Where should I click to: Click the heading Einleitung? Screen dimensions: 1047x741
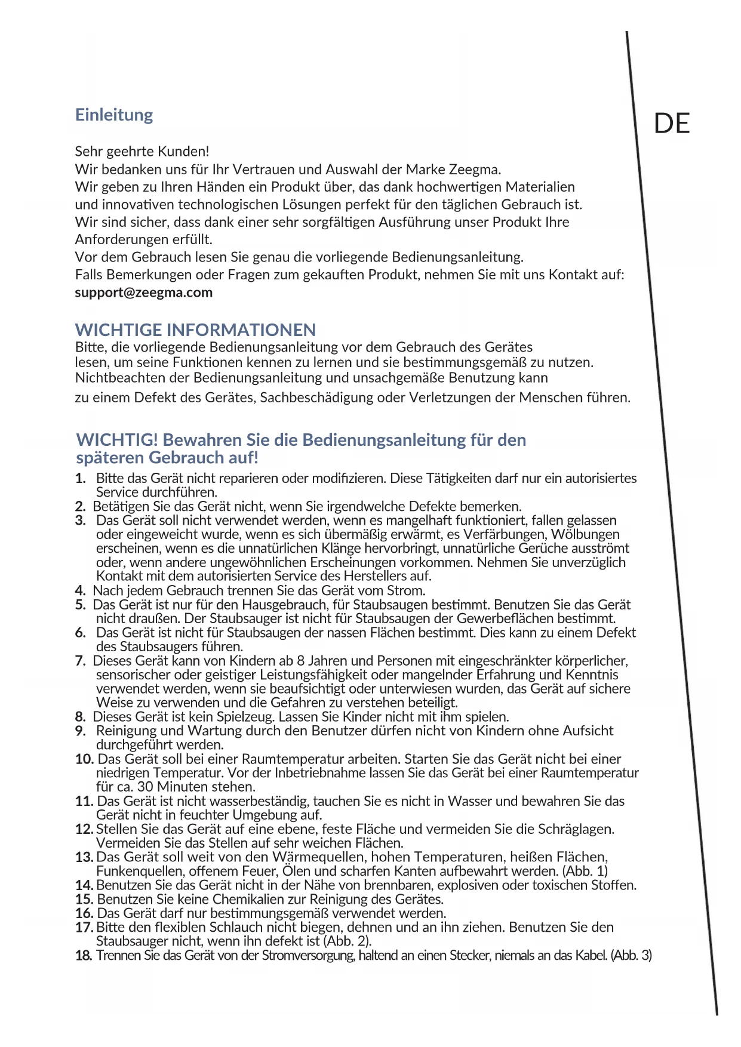[x=114, y=115]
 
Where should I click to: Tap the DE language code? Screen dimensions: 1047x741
[x=672, y=124]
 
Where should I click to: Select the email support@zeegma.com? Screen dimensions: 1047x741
[x=143, y=292]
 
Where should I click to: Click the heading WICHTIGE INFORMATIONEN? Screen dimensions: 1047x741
[x=195, y=330]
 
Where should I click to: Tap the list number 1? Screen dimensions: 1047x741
[x=80, y=478]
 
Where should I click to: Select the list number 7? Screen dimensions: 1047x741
[x=80, y=661]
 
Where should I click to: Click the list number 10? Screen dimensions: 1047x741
[x=84, y=759]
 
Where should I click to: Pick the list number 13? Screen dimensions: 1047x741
[x=84, y=857]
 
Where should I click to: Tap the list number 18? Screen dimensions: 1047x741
[x=84, y=956]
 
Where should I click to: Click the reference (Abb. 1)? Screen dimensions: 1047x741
[x=585, y=871]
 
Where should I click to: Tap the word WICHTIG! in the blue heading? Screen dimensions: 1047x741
[x=117, y=440]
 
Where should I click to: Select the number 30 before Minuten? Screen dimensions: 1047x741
[x=145, y=787]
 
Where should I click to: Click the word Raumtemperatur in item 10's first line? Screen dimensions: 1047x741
[x=291, y=759]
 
